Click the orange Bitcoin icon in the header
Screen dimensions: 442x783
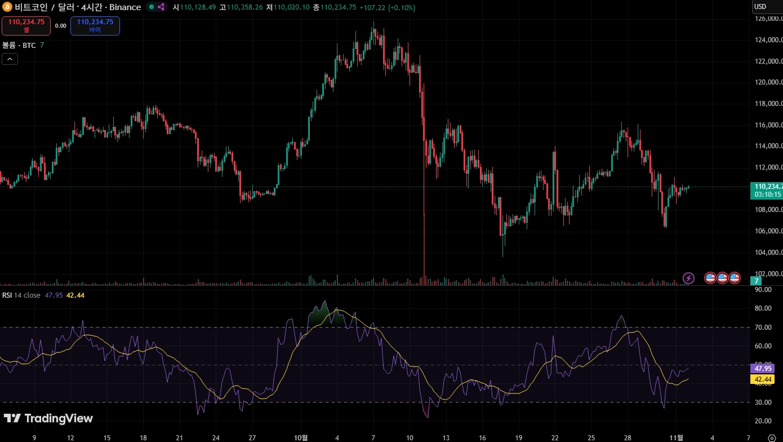pos(7,7)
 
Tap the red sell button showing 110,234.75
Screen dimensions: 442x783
pos(26,25)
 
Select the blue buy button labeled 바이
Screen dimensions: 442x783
pos(95,25)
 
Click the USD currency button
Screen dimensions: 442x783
pos(760,7)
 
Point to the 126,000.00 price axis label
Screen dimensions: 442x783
pos(767,19)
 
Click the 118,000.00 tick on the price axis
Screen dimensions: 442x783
pos(767,104)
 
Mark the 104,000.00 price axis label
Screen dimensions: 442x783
pos(767,252)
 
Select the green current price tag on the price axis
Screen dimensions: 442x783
pos(767,190)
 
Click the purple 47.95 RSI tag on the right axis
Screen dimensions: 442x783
pos(763,368)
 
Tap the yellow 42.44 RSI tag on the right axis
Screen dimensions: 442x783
pos(763,379)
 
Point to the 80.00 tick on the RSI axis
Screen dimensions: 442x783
pos(763,308)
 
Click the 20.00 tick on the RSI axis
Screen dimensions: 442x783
pos(763,421)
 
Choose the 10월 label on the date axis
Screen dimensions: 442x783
pos(301,437)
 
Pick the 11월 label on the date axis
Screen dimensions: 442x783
pos(677,437)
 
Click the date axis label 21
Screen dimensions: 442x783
pos(179,437)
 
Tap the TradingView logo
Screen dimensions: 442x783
pos(48,418)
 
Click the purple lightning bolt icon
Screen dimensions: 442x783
pos(688,278)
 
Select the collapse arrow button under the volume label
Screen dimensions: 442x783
pos(10,59)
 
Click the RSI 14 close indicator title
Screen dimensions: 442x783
pos(21,295)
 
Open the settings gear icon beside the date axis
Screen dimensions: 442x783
pos(771,437)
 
